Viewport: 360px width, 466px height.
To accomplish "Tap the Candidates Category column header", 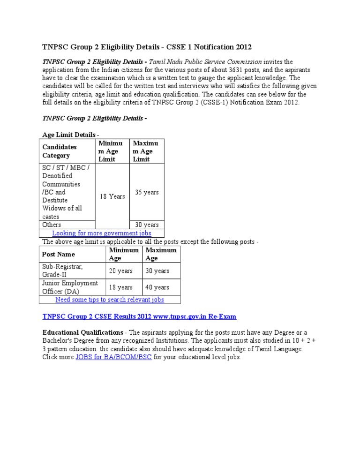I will click(60, 151).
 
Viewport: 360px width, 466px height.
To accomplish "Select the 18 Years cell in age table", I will click(112, 196).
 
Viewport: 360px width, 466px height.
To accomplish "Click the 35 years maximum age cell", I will click(147, 192).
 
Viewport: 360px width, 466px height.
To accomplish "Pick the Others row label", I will click(52, 225).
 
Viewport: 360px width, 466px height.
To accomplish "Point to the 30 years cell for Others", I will click(147, 225).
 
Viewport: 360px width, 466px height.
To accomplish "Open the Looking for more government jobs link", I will click(102, 233).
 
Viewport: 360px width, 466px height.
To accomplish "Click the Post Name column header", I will click(59, 254).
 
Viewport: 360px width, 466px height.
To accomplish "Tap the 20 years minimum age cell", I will click(120, 271).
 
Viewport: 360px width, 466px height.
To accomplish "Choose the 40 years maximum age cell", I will click(157, 287).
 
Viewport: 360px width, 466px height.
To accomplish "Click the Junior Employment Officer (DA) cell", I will click(70, 287).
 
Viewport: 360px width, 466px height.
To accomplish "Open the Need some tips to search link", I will click(110, 299).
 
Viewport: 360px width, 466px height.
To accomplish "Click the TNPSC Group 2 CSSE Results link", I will click(139, 316).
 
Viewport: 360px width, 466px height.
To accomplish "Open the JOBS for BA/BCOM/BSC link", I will click(113, 357).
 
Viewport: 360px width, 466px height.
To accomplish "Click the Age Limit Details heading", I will click(70, 135).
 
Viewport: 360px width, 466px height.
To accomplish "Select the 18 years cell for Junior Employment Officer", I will click(120, 287).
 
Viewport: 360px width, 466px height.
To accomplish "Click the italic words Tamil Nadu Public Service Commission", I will click(205, 62).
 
